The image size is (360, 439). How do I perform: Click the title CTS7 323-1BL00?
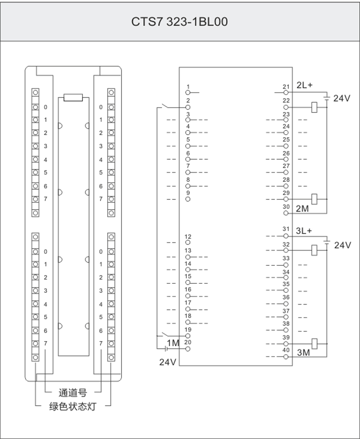tap(179, 22)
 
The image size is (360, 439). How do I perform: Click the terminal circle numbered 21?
tap(286, 92)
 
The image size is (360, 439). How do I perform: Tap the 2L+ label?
tap(304, 85)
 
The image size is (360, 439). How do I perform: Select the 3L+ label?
tap(304, 231)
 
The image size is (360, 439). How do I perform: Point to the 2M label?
tap(302, 209)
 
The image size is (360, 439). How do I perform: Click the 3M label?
tap(303, 352)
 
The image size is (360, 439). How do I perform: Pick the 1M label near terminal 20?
tap(173, 343)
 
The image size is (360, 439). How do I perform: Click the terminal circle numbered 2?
tap(188, 107)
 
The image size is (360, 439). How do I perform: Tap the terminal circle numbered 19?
tap(188, 336)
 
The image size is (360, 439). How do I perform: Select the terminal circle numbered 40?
tap(286, 357)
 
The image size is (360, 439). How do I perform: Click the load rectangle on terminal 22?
tap(315, 107)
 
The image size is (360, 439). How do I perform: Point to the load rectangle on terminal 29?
tap(315, 199)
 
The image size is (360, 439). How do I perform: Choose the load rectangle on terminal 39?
tap(315, 344)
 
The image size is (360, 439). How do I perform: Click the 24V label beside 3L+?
tap(342, 245)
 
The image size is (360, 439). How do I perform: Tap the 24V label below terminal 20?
tap(167, 362)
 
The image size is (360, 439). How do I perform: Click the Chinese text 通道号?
tap(72, 393)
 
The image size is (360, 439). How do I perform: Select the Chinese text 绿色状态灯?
tap(73, 406)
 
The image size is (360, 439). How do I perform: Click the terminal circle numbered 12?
tap(188, 242)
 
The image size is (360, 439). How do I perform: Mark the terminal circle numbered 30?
tap(286, 213)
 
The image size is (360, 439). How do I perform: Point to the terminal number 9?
tap(188, 193)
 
